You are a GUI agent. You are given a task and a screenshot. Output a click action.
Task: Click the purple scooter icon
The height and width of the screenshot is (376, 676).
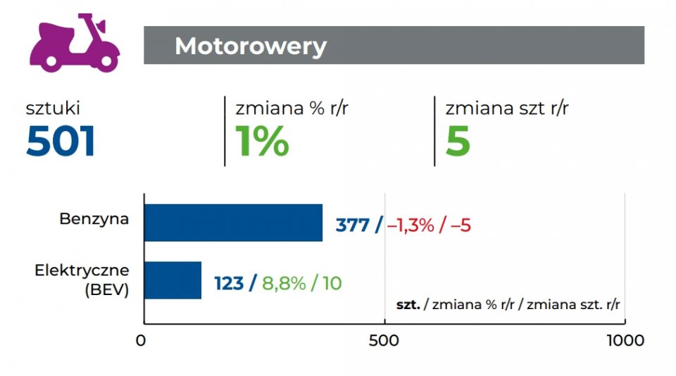pos(75,44)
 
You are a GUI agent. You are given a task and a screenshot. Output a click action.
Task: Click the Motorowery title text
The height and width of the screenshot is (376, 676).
pos(251,46)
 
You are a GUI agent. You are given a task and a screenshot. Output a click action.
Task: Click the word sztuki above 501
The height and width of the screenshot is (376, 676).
pos(53,108)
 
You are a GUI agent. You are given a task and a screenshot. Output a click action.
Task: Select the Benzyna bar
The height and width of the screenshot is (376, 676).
pos(233,223)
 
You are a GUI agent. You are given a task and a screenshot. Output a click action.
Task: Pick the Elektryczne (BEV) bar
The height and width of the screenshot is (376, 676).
pos(173,280)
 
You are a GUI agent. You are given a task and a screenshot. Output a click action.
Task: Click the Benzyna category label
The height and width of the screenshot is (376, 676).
pos(94,218)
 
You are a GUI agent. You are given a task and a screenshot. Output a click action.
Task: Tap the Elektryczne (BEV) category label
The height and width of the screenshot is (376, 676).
pos(82,280)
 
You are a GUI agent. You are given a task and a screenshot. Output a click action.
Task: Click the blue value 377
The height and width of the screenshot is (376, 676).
pos(352,225)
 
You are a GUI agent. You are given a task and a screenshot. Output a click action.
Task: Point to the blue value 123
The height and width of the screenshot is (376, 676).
pos(228,283)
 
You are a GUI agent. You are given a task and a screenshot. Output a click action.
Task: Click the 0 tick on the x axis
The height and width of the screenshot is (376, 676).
pos(144,341)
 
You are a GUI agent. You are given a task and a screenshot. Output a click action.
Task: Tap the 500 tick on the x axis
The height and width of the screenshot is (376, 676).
pos(384,341)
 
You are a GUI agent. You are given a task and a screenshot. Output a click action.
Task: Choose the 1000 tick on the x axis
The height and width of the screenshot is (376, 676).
pos(623,341)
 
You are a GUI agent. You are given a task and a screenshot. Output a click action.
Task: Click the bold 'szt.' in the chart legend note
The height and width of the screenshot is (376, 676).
pos(408,305)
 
